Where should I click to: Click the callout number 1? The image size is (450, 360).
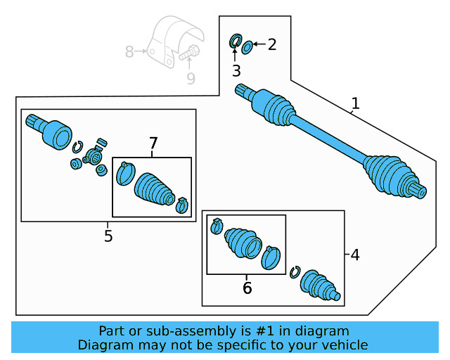tap(355, 103)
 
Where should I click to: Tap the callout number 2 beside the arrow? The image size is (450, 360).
tap(271, 45)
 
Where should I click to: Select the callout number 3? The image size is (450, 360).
tap(236, 70)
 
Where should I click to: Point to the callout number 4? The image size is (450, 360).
tap(354, 255)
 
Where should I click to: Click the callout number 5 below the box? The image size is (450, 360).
tap(108, 236)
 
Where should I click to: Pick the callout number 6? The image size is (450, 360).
tap(247, 288)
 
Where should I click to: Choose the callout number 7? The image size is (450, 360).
tap(153, 143)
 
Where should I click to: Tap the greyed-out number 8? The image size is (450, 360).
tap(129, 51)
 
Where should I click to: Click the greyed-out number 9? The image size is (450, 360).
tap(191, 79)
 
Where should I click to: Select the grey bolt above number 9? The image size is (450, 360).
tap(189, 53)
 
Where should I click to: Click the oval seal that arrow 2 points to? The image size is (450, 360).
tap(247, 47)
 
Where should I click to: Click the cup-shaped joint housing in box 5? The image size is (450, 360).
tap(55, 134)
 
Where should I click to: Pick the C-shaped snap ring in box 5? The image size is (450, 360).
tap(79, 146)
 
